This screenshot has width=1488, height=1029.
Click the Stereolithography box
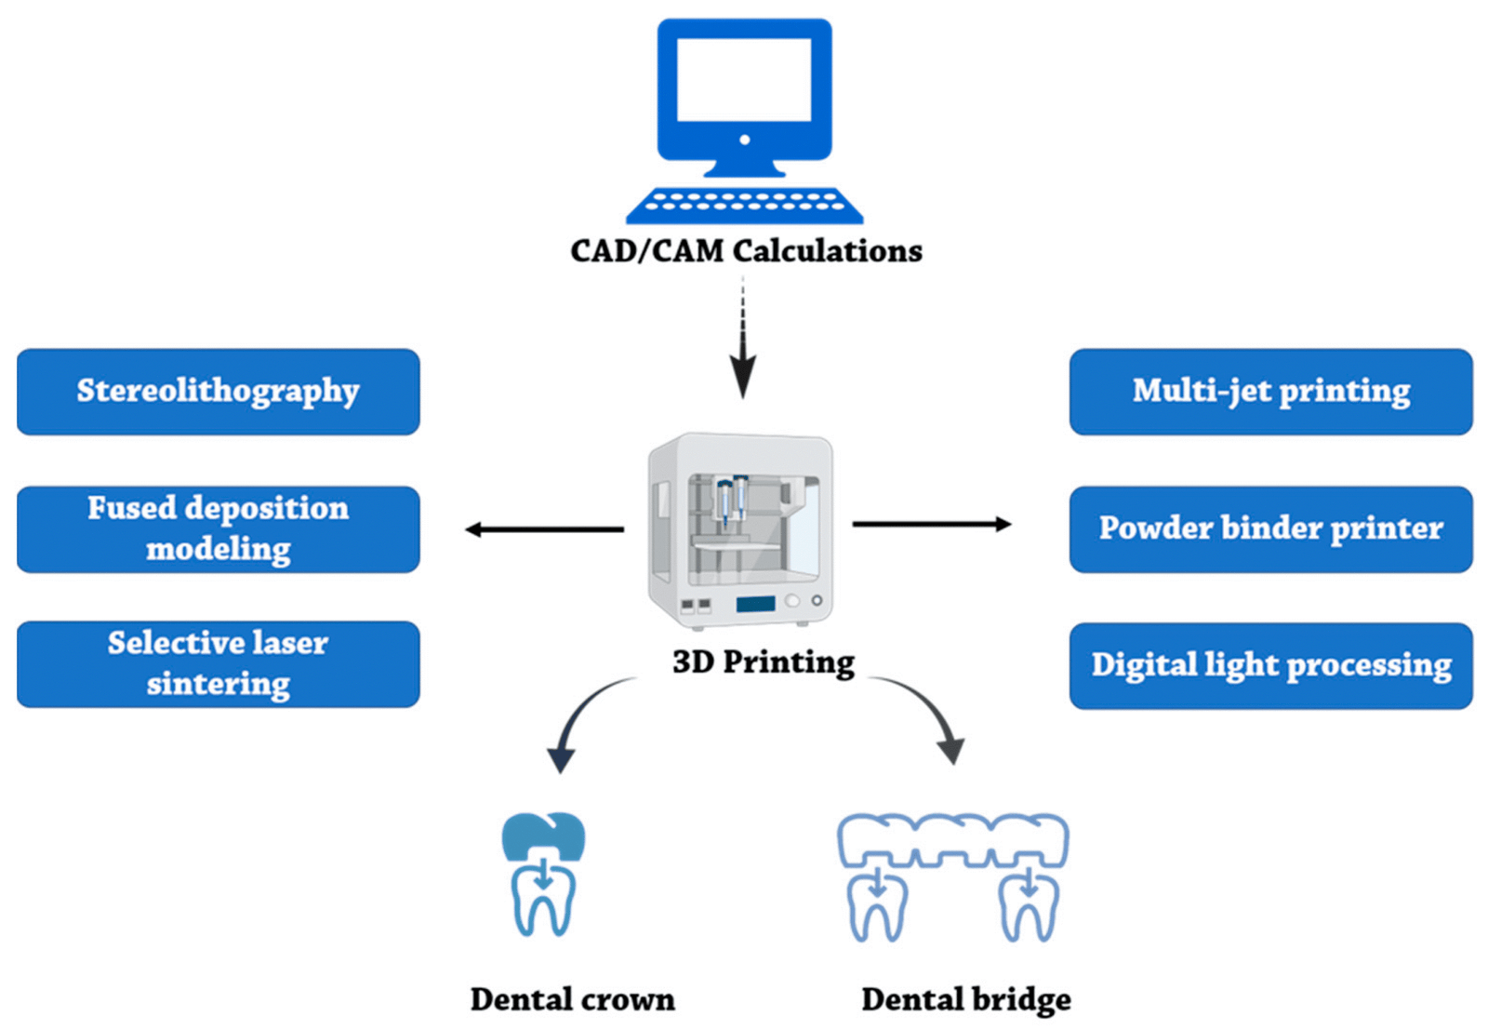[x=218, y=392]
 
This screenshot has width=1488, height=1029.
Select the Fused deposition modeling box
[x=218, y=528]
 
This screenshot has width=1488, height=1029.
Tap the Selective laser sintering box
[x=218, y=663]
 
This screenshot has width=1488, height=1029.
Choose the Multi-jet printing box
[x=1270, y=392]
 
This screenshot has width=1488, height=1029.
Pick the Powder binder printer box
[x=1270, y=528]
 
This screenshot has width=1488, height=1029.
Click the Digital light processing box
[x=1270, y=665]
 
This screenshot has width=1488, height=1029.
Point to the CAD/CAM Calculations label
[x=746, y=251]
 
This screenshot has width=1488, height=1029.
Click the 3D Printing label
[x=763, y=662]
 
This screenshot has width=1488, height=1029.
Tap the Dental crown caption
[x=572, y=999]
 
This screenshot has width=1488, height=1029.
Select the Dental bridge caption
[x=965, y=999]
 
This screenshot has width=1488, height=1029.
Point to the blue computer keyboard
[x=744, y=205]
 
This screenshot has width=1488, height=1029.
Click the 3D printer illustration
[x=741, y=530]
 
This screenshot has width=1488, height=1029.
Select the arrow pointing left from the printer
[x=544, y=529]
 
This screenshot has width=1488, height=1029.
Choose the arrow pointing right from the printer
[x=930, y=525]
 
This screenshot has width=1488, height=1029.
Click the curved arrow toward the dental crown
[x=581, y=716]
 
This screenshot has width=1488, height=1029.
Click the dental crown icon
[x=544, y=875]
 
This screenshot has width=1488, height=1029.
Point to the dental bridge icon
[x=952, y=875]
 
